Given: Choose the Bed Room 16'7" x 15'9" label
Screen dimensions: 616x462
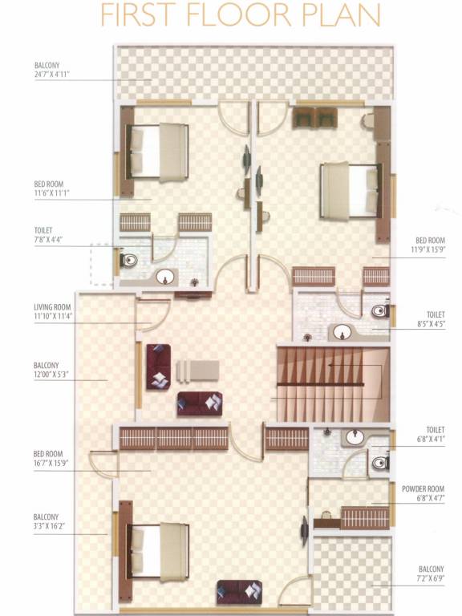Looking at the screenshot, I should (53, 460).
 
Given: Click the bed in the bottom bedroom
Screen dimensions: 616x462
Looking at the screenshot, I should (159, 551).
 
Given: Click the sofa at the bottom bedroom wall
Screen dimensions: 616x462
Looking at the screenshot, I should (239, 593).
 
